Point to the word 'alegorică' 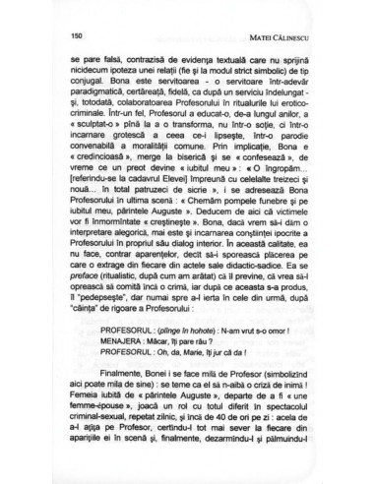tap(135, 297)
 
